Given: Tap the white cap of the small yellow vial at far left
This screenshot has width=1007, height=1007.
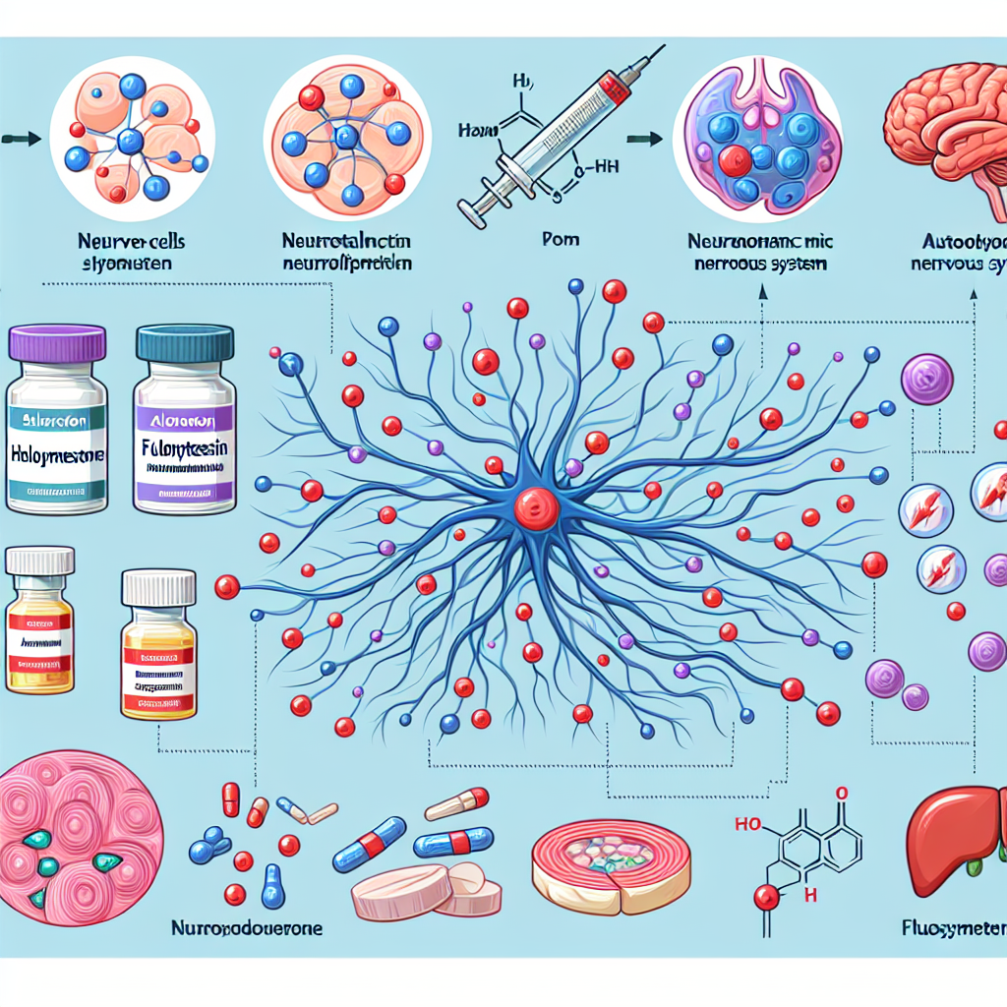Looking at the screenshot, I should pyautogui.click(x=39, y=561).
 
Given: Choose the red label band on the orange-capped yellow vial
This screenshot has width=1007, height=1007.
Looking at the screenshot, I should pyautogui.click(x=157, y=654).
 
